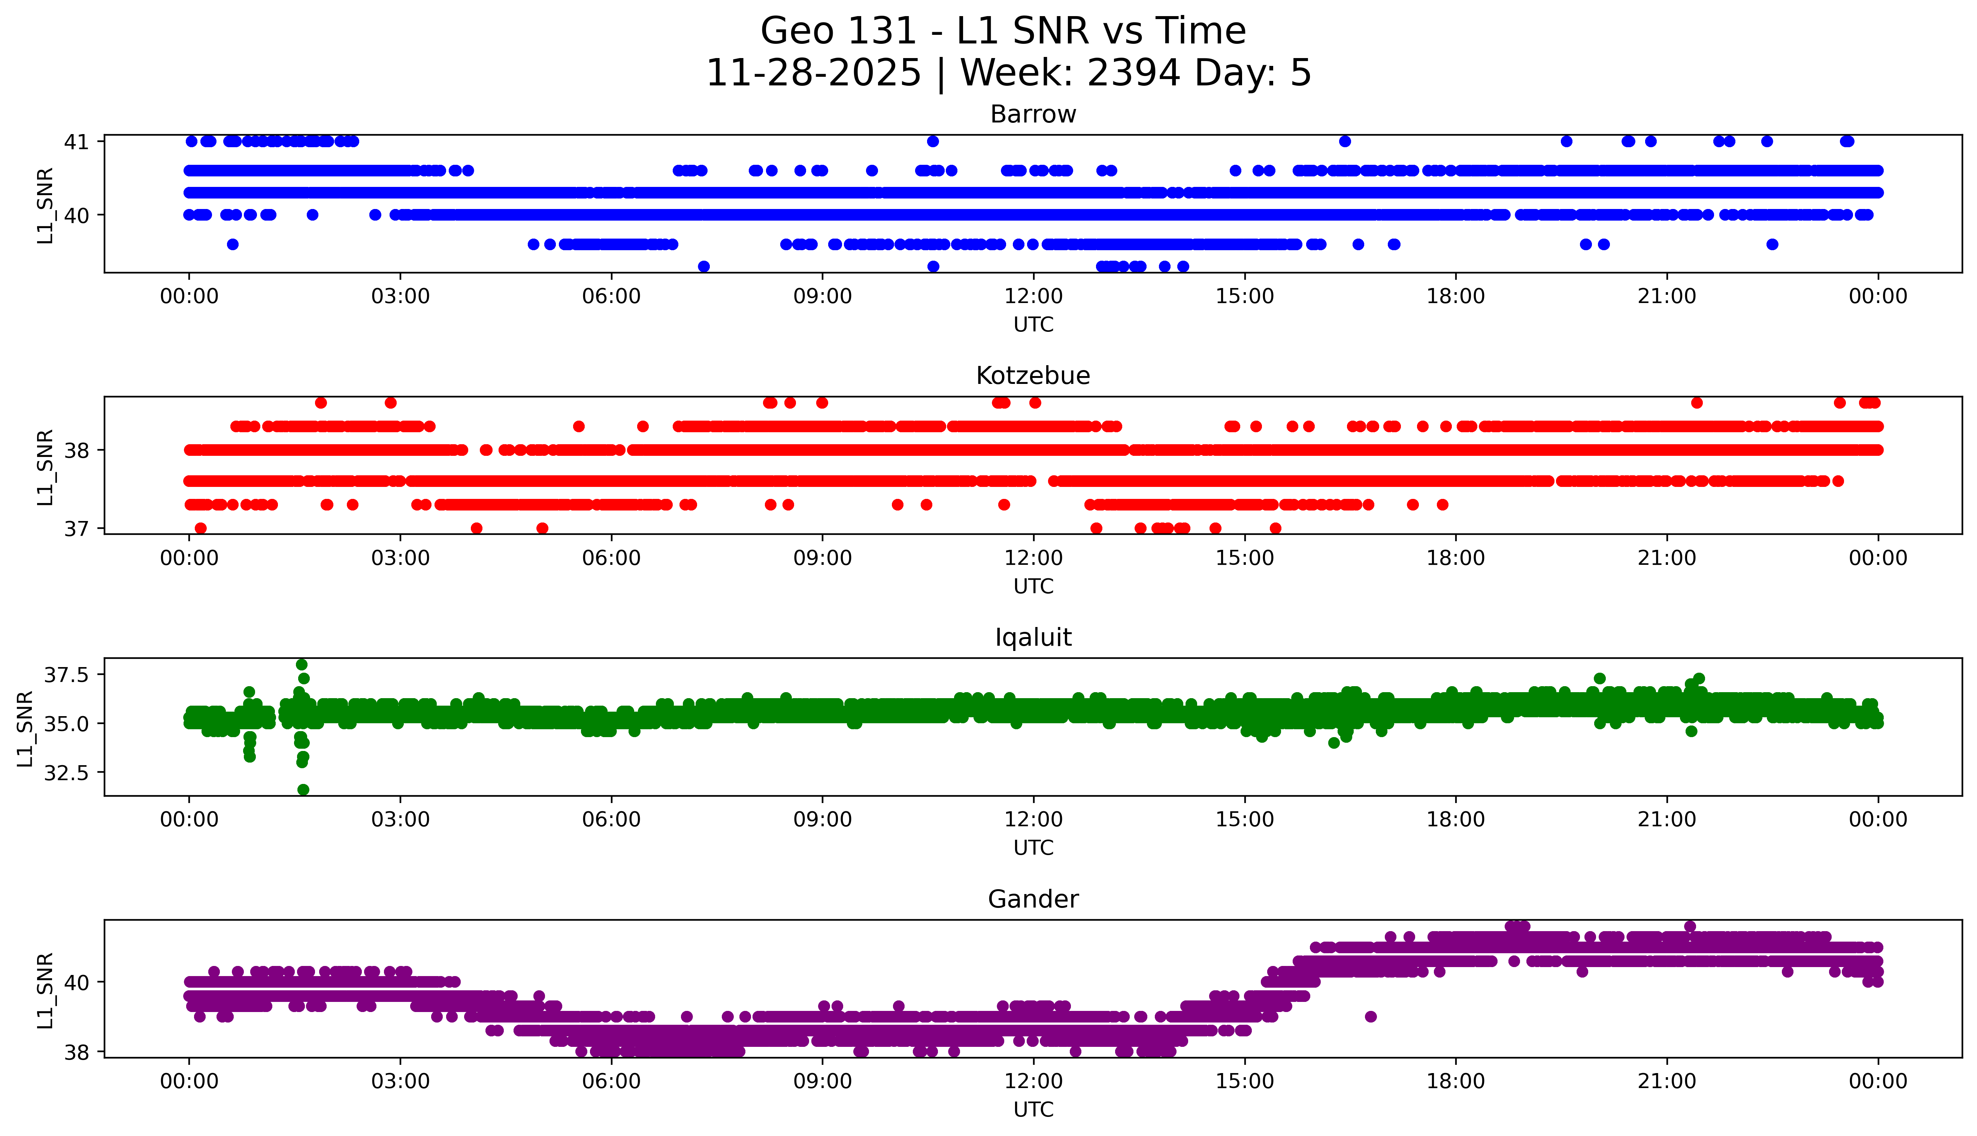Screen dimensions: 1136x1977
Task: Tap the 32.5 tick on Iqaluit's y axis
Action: tap(66, 772)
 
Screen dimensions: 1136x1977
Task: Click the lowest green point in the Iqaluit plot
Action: tap(303, 790)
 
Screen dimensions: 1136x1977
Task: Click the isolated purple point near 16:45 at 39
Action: tap(1371, 1017)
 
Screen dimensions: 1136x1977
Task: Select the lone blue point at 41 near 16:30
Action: tap(1344, 141)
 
